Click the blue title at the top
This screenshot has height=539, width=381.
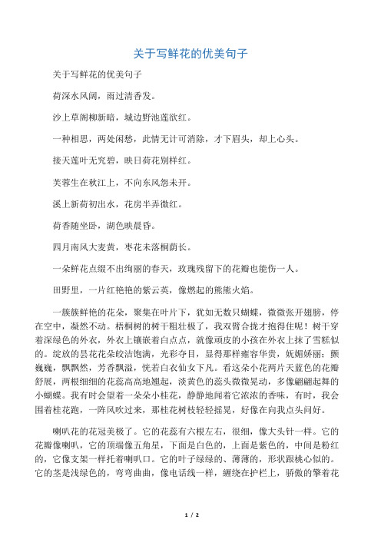click(x=190, y=55)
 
